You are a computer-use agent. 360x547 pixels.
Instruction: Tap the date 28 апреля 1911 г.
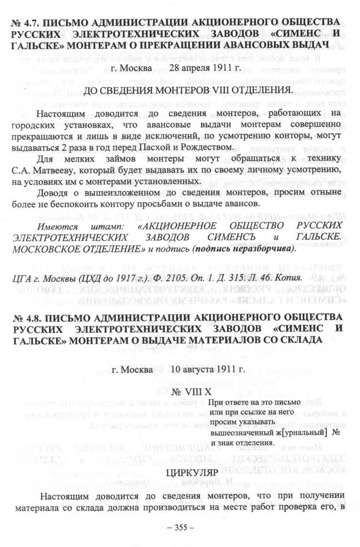tap(205, 69)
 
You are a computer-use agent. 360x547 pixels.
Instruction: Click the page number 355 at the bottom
tap(180, 528)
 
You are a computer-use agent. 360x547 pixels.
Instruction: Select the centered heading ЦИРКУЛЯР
tap(179, 472)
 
